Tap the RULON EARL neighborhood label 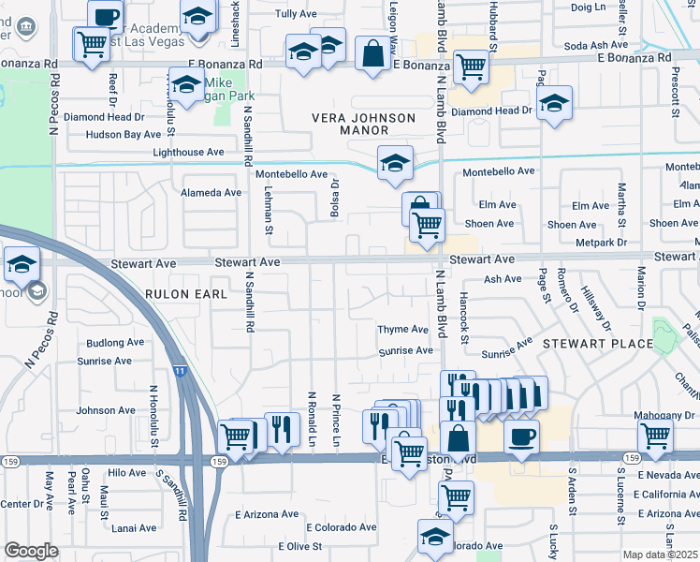186,294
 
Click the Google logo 31,551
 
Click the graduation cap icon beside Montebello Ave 395,163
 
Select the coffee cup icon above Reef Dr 106,15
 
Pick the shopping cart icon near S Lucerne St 656,436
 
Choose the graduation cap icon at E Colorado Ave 435,537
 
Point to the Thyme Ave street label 402,330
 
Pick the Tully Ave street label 295,14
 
